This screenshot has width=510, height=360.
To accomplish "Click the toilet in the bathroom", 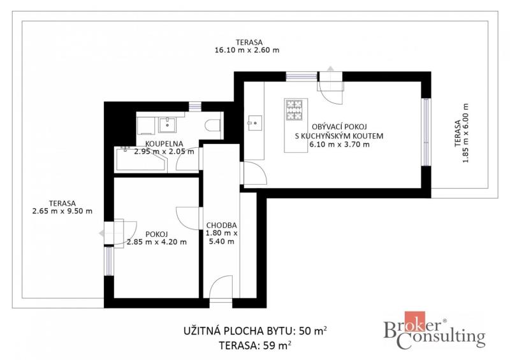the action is pyautogui.click(x=213, y=125).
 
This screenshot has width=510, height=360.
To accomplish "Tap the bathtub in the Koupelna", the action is pyautogui.click(x=140, y=159).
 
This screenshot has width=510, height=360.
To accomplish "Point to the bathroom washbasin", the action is pyautogui.click(x=167, y=125).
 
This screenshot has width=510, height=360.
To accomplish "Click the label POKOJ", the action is pyautogui.click(x=156, y=234).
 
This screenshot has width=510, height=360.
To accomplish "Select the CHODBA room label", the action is pyautogui.click(x=221, y=225).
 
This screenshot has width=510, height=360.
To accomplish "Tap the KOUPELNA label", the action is pyautogui.click(x=164, y=143).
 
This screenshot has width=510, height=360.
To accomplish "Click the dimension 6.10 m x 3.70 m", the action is pyautogui.click(x=339, y=145).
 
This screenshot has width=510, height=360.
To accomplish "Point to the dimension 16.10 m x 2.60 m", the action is pyautogui.click(x=247, y=50).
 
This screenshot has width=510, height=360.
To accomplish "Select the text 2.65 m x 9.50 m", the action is pyautogui.click(x=62, y=211).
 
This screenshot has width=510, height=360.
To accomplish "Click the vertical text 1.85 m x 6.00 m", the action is pyautogui.click(x=466, y=133).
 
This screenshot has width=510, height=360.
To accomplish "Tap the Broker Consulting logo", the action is pyautogui.click(x=434, y=331).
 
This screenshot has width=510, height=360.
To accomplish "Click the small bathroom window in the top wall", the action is pyautogui.click(x=195, y=106).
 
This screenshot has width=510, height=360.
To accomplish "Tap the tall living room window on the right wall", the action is pyautogui.click(x=426, y=132).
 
